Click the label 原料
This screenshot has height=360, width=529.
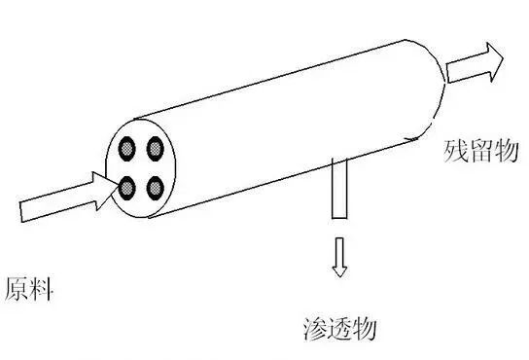[28, 289]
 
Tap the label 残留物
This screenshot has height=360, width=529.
[481, 151]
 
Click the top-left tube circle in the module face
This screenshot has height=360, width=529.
[127, 149]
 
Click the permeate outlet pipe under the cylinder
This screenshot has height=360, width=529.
[338, 189]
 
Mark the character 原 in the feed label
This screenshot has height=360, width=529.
[16, 289]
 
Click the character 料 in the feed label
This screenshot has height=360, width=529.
[41, 289]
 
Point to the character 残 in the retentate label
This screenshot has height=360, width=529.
[456, 151]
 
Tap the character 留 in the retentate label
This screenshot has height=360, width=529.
[481, 151]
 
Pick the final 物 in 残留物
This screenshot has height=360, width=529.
[507, 151]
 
